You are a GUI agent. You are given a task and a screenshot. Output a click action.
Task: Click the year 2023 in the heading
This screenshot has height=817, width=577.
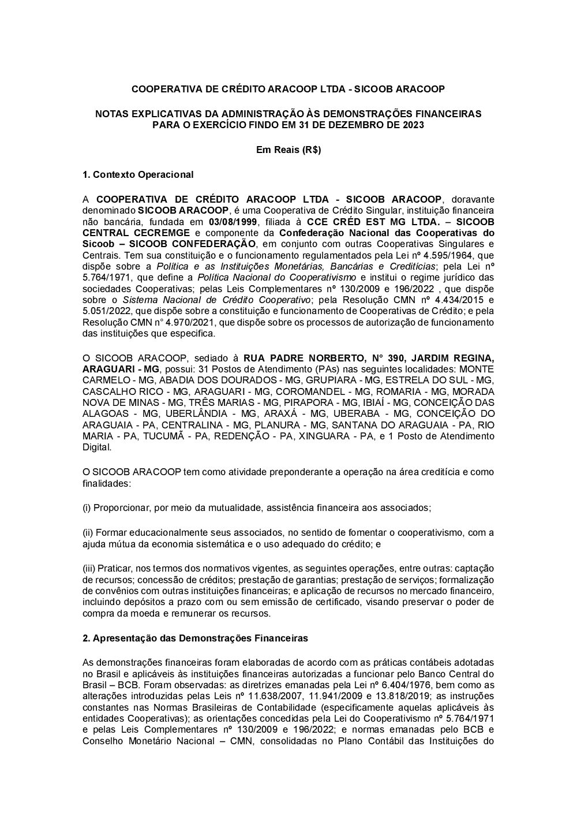tap(412, 125)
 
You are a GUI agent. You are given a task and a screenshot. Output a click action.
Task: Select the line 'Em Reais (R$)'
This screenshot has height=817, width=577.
tap(288, 150)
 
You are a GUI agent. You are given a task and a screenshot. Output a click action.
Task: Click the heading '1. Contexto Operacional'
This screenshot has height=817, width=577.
tap(138, 174)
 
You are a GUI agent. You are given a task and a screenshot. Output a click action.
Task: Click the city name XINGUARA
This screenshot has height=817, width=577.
tap(325, 436)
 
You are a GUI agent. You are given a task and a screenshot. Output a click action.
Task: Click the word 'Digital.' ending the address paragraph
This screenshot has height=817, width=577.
tap(97, 447)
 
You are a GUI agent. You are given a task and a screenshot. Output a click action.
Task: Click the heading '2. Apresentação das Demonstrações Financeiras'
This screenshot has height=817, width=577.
tap(195, 638)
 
